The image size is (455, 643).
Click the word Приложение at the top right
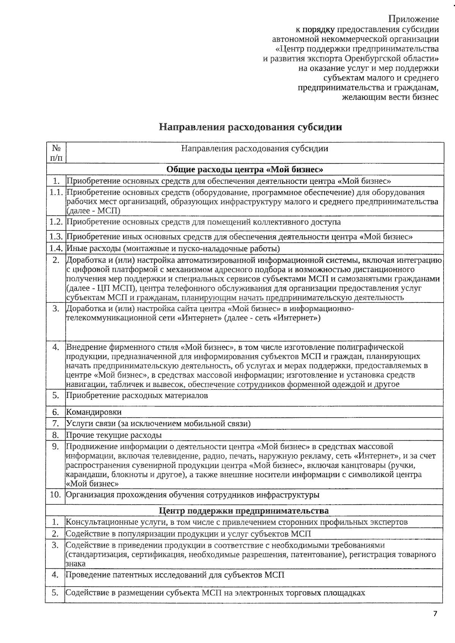click(x=414, y=19)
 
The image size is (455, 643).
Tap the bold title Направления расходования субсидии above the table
click(x=250, y=127)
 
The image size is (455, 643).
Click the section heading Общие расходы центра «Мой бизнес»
click(x=245, y=169)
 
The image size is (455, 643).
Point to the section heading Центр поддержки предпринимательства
click(x=244, y=510)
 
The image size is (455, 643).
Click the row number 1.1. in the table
click(x=56, y=192)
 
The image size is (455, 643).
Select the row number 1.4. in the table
click(x=56, y=249)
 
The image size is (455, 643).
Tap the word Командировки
click(x=94, y=412)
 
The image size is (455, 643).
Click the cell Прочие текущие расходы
click(x=114, y=435)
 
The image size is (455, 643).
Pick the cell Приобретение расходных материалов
click(x=137, y=396)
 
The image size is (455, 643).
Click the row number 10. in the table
click(x=56, y=494)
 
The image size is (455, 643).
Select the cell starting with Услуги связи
click(x=158, y=423)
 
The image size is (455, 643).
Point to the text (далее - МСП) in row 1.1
click(x=93, y=211)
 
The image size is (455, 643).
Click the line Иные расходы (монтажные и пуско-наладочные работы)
click(x=173, y=249)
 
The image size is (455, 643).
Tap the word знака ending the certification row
click(x=75, y=564)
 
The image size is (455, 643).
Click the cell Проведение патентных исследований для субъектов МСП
click(x=175, y=575)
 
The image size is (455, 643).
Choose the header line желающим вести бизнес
click(x=390, y=97)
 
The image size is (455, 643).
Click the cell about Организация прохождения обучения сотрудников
click(x=192, y=494)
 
